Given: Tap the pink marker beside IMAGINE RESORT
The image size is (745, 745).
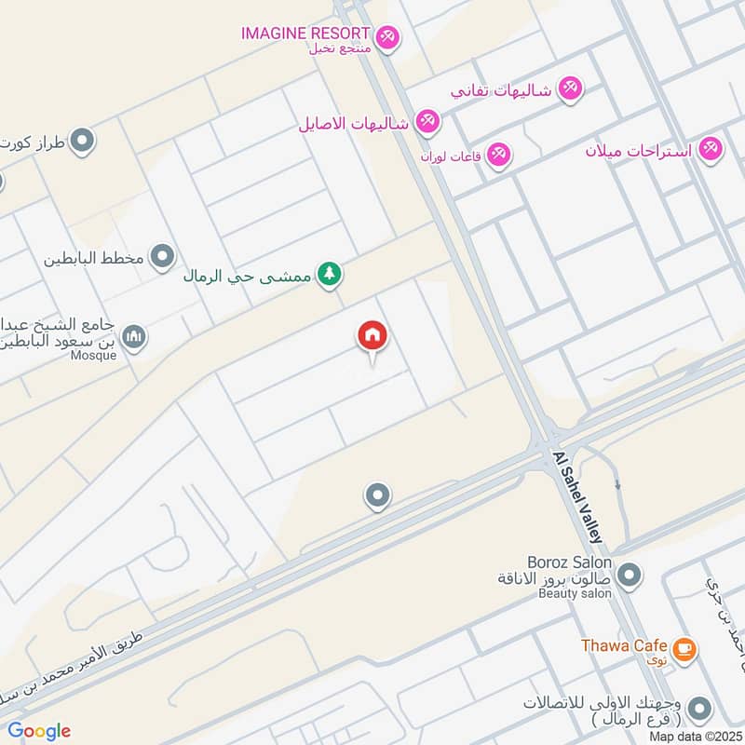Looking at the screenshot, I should click(389, 36).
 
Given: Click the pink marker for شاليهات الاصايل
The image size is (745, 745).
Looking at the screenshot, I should click(427, 120).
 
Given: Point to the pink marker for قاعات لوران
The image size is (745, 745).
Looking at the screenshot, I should click(499, 153).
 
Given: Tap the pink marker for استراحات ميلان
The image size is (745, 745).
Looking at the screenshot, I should click(711, 148).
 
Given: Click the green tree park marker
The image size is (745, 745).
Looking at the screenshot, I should click(328, 274).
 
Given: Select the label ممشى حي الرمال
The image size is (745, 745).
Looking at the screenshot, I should click(246, 275).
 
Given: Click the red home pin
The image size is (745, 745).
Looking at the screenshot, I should click(372, 337).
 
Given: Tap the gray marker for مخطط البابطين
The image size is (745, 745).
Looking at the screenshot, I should click(163, 255).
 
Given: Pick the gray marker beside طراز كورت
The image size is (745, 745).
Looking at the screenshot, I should click(83, 141).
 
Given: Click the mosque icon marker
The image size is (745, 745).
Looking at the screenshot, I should click(134, 336).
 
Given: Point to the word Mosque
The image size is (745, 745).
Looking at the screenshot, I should click(95, 355).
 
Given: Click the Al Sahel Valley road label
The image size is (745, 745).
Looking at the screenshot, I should click(578, 498).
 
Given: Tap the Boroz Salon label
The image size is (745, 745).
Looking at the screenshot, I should click(569, 562).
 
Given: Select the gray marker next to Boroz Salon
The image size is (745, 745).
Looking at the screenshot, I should click(629, 576).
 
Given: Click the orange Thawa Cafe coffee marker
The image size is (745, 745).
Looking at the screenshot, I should click(684, 649).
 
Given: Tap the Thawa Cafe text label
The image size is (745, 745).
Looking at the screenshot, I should click(624, 645).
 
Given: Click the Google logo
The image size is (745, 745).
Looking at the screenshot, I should click(39, 731).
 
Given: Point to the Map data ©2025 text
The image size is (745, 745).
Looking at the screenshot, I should click(694, 736).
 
